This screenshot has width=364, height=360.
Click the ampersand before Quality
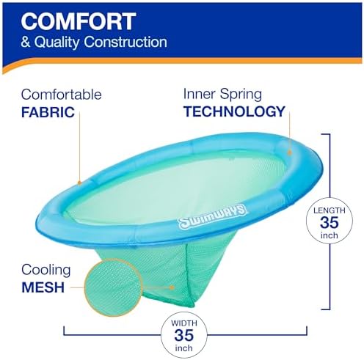26,43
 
